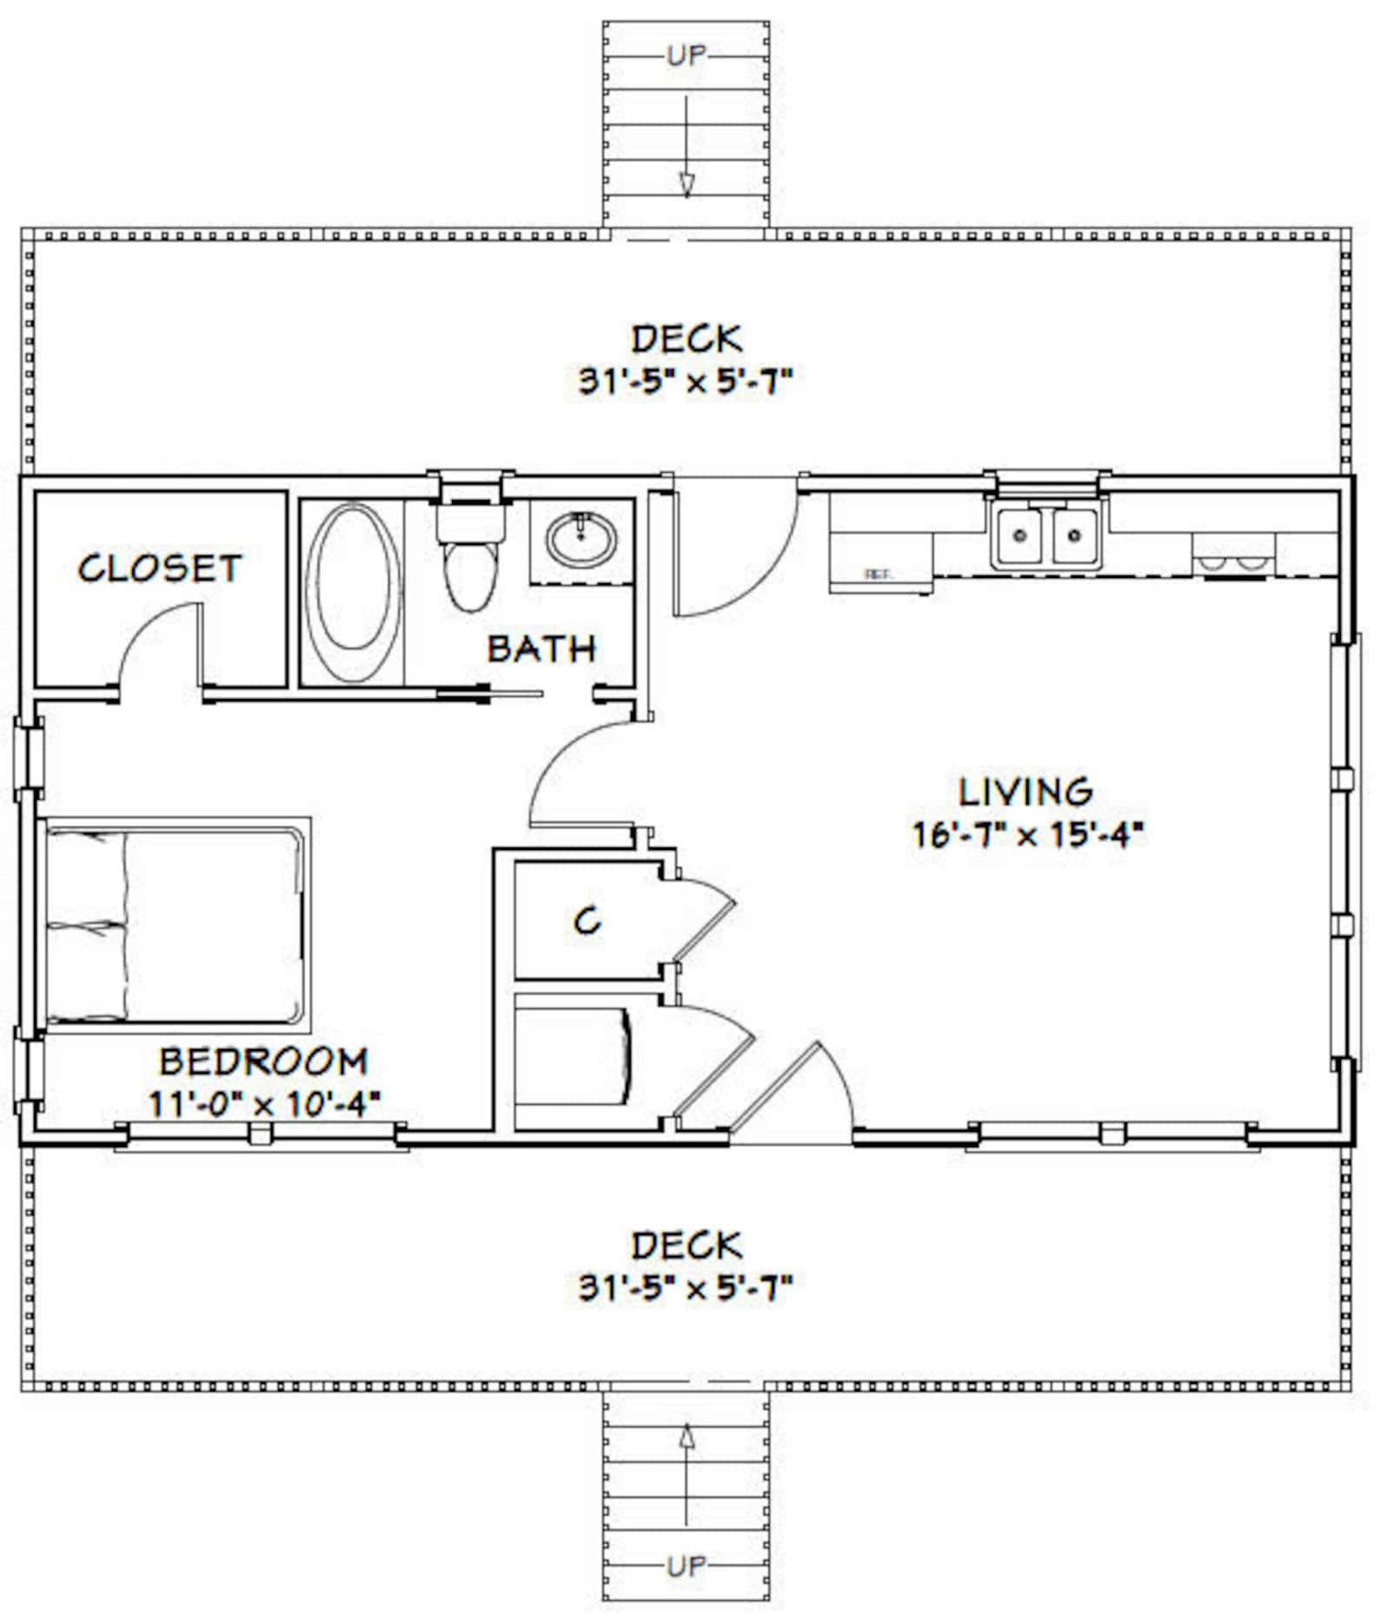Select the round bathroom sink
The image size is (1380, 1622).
581,539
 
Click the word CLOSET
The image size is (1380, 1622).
159,568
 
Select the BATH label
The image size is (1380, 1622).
541,649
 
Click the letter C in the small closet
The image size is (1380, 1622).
587,921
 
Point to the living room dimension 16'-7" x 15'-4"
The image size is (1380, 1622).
1025,834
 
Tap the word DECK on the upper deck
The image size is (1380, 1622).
687,339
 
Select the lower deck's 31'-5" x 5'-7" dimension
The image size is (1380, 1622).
687,1287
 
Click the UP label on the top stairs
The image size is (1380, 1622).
687,57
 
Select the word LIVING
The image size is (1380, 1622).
1025,792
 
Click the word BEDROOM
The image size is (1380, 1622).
263,1062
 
